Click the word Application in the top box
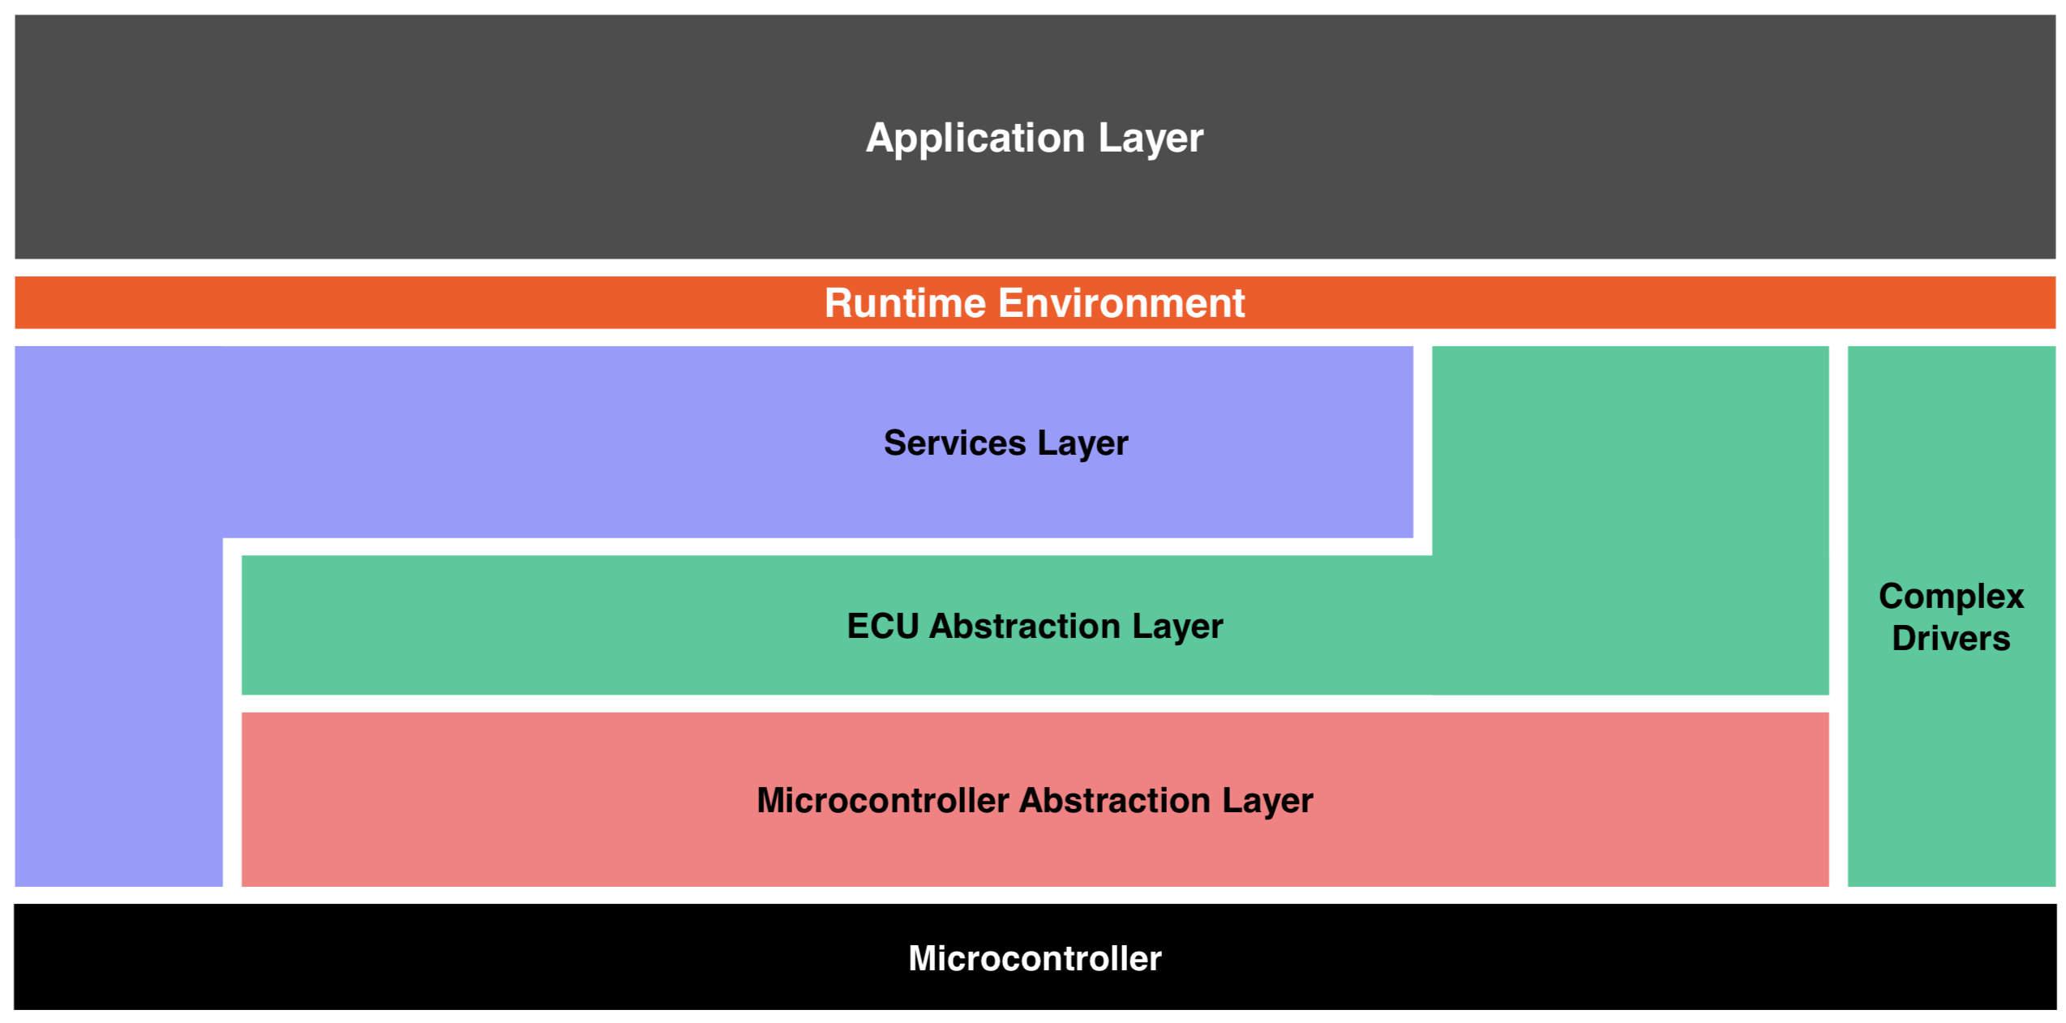[975, 138]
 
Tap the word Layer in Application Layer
[1151, 138]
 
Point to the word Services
[954, 443]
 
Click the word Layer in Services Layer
[1082, 443]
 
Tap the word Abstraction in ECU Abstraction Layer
[1025, 626]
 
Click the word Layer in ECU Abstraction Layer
[1177, 626]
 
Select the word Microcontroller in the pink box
[882, 800]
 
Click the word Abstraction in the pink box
[1115, 800]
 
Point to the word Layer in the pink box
[1267, 800]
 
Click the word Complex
[1951, 597]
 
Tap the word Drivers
[1951, 639]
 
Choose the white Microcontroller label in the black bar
[1035, 958]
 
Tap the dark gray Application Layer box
[405, 138]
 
